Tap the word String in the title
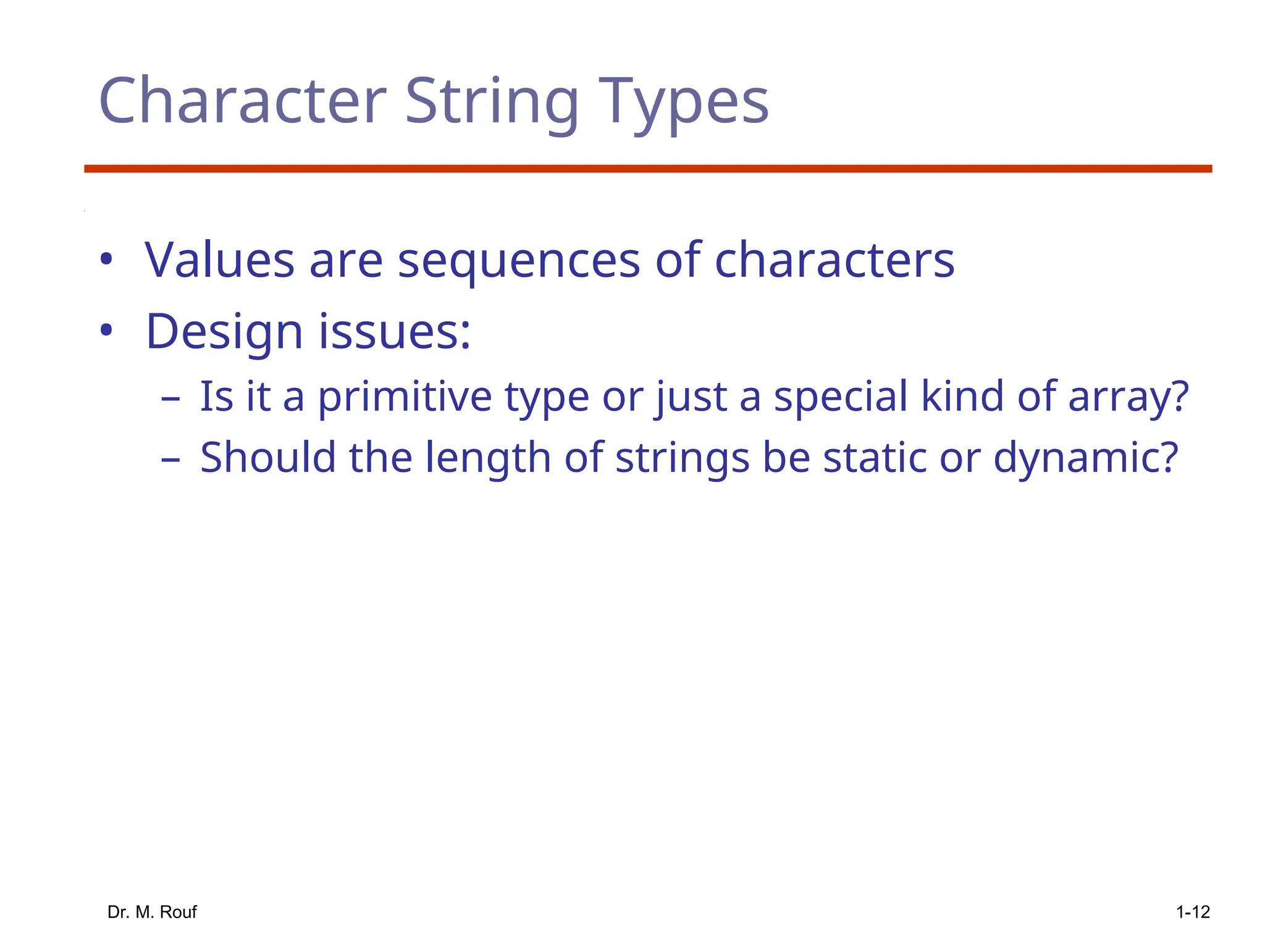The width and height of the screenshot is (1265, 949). click(x=492, y=101)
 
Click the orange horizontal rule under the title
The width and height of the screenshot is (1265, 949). click(x=647, y=169)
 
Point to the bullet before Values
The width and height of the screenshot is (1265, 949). click(x=106, y=259)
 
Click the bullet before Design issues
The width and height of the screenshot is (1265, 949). click(x=106, y=331)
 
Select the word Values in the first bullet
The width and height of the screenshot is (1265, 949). click(x=219, y=259)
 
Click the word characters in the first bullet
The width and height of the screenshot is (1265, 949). click(x=834, y=259)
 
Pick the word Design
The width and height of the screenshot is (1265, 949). click(x=224, y=332)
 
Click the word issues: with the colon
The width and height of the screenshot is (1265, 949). click(x=394, y=332)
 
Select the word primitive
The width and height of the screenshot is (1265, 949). click(x=405, y=397)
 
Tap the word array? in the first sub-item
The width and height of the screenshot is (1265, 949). click(x=1128, y=397)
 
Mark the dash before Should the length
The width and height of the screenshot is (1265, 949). click(x=170, y=460)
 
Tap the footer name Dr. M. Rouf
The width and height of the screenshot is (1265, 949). click(x=152, y=912)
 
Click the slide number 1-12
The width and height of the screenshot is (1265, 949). click(x=1192, y=912)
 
